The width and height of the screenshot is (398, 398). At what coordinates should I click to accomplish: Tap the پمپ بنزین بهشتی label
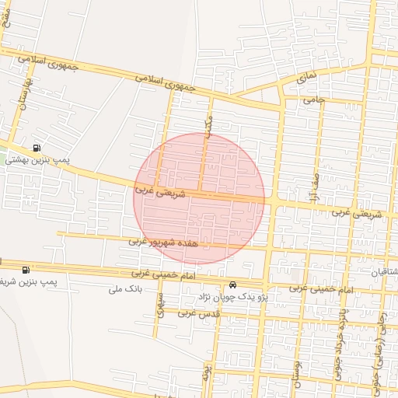(x=37, y=160)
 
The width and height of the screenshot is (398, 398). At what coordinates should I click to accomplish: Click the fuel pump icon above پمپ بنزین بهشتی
(x=37, y=148)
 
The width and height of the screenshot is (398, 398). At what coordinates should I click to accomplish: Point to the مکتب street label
(x=208, y=124)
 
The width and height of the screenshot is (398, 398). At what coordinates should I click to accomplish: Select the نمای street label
(x=307, y=79)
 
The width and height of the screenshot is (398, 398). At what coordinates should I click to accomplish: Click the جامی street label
(x=314, y=99)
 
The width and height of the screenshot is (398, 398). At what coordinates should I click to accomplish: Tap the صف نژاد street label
(x=317, y=186)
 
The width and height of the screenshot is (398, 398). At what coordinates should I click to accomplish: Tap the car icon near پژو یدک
(x=233, y=285)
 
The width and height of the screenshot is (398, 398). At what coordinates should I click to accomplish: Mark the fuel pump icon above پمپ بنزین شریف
(x=25, y=270)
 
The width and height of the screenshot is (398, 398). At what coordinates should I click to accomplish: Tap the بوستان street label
(x=295, y=372)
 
